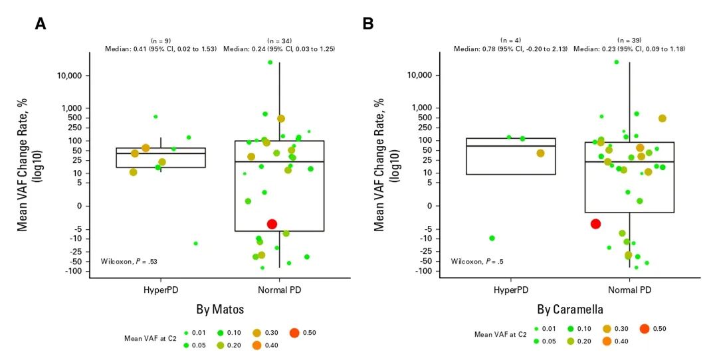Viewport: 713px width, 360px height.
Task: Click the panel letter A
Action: click(x=41, y=24)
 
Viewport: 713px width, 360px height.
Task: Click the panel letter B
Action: click(x=367, y=24)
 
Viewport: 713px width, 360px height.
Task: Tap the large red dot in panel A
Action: click(x=272, y=224)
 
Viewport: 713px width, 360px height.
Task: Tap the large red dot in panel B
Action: click(x=595, y=224)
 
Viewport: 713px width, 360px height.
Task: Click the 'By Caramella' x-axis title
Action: click(x=571, y=310)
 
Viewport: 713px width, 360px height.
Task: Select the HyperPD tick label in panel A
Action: click(x=160, y=290)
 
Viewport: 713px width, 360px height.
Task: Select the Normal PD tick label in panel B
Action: click(x=629, y=290)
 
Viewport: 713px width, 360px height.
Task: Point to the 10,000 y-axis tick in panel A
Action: click(x=66, y=76)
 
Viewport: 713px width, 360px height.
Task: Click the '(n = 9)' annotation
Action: click(x=160, y=41)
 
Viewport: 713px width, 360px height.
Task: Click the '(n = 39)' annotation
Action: click(x=629, y=41)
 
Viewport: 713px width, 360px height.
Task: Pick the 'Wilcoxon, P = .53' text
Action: click(x=128, y=261)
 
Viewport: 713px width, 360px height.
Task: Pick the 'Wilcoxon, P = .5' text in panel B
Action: click(x=477, y=261)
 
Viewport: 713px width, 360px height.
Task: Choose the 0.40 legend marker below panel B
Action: click(x=606, y=341)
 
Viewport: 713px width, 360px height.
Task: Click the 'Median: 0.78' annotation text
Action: click(x=510, y=49)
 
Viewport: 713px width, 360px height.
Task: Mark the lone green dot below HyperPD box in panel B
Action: click(x=492, y=238)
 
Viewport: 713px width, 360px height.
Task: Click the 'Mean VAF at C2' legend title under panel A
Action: click(x=150, y=337)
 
